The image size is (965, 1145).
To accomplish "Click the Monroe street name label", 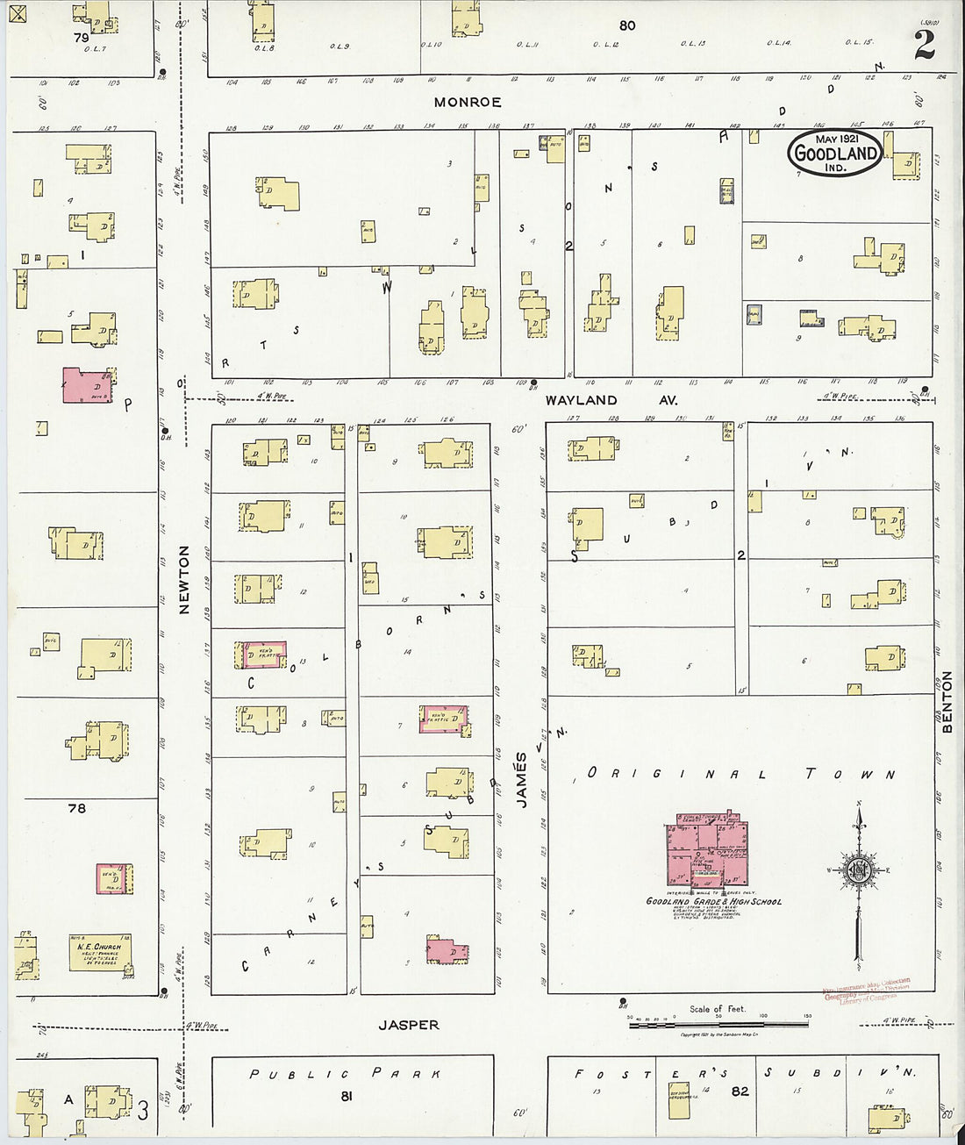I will point(468,103).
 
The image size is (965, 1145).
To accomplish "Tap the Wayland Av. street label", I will point(581,400).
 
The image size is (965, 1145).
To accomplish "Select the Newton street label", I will point(184,579).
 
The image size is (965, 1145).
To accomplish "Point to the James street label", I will point(521,778).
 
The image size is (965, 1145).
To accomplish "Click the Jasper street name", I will point(408,1025).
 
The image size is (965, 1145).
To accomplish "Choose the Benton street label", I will point(947,702).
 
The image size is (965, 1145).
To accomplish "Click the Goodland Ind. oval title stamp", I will point(835,153).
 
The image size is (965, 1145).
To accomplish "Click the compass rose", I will point(857,870).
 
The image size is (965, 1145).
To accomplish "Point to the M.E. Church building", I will point(100,952).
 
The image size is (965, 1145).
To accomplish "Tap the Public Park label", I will point(344,1073).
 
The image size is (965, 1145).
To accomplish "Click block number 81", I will point(347,1096).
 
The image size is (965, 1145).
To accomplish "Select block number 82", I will point(740,1091).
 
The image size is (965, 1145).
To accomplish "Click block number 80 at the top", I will point(626,25).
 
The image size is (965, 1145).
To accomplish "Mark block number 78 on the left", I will point(77,807).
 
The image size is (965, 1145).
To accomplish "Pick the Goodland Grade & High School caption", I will point(713,901).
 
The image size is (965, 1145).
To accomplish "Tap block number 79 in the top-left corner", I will point(82,38).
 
